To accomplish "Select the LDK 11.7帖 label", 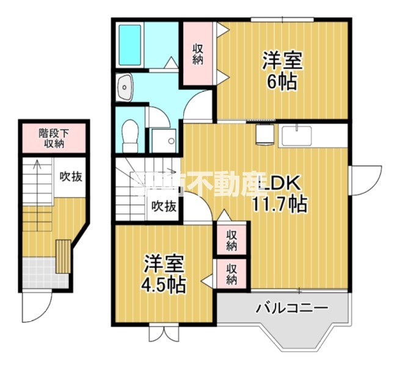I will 280,193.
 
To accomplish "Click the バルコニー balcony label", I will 284,307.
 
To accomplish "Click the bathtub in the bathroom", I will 129,45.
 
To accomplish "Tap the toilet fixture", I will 129,134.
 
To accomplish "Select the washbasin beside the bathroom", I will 125,87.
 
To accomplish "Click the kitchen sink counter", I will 296,135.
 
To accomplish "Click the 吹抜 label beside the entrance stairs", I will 71,177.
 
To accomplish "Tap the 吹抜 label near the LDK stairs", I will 164,206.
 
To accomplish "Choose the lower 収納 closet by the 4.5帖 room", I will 232,273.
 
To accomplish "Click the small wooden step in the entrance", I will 63,258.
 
